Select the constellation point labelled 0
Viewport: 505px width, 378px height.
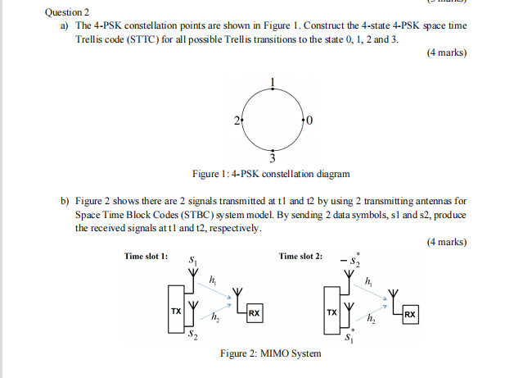[304, 121]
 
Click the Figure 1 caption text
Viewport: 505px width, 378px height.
[270, 174]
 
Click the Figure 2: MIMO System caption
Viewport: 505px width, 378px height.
[270, 353]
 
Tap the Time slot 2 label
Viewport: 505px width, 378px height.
[300, 257]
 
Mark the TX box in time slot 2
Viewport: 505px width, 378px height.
[331, 312]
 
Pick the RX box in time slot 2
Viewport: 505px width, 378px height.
[409, 314]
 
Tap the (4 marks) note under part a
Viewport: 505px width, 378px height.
[446, 53]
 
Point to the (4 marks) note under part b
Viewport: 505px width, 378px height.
[446, 242]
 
